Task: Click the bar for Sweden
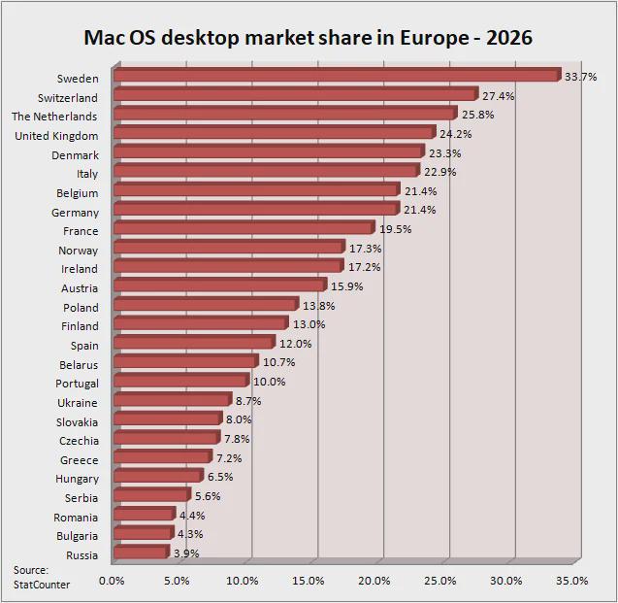point(337,75)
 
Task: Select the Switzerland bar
point(296,94)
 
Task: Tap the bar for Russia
point(141,553)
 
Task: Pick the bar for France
point(244,228)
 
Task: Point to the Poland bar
point(206,305)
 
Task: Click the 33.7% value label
point(581,77)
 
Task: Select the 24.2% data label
point(456,134)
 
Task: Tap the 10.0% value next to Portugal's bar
point(269,382)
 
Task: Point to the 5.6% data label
point(208,496)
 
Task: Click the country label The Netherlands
point(54,117)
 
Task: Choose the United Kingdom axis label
point(56,136)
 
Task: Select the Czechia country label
point(79,441)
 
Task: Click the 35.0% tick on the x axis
point(571,581)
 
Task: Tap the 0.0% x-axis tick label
point(112,581)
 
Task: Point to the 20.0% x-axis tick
point(374,581)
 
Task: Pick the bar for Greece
point(162,457)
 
